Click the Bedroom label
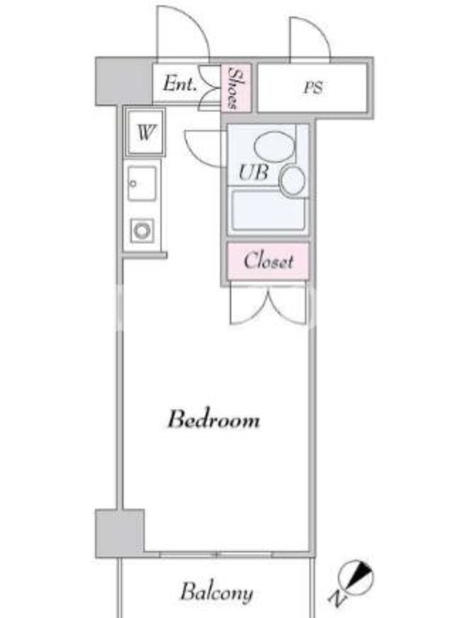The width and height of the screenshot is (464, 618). click(x=214, y=419)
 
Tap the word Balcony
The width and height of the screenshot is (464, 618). click(x=217, y=593)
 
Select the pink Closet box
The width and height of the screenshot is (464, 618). click(x=268, y=261)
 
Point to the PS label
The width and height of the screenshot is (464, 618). click(x=313, y=87)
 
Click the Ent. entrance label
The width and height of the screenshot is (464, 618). click(x=180, y=83)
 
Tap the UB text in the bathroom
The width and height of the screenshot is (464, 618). click(x=254, y=172)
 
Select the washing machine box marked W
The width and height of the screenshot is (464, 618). click(x=145, y=132)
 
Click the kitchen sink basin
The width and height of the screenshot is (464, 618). click(x=142, y=184)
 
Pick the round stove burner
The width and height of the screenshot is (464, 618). click(x=142, y=230)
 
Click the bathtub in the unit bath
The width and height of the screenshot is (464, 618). click(x=268, y=210)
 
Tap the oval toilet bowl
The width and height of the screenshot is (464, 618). click(x=275, y=147)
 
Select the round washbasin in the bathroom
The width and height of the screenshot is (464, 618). click(x=292, y=181)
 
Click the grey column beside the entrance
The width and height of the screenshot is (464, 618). click(x=124, y=82)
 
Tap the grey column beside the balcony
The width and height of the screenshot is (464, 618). click(x=120, y=533)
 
